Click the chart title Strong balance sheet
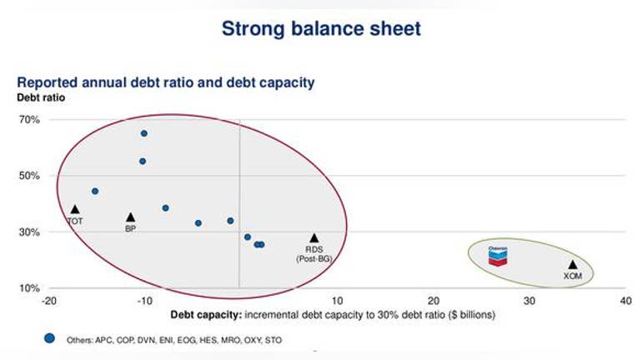coord(321,28)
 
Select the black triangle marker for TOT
coord(75,209)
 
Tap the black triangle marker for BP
coord(130,217)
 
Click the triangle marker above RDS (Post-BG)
coord(314,238)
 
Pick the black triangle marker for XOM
coord(573,265)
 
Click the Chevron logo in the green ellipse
coord(498,256)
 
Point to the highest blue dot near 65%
coord(143,133)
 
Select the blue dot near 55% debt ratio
coord(143,161)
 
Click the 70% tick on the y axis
coord(29,120)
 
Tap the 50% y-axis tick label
coord(29,176)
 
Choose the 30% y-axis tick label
coord(29,232)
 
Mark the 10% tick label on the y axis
coord(29,288)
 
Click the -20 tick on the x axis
coord(48,301)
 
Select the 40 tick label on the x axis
coord(625,301)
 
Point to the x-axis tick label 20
coord(434,301)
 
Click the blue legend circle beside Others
coord(49,338)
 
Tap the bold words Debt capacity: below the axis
coord(206,315)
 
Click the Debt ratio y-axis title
coord(41,97)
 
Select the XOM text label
coord(573,276)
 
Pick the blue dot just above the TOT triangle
coord(95,191)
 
